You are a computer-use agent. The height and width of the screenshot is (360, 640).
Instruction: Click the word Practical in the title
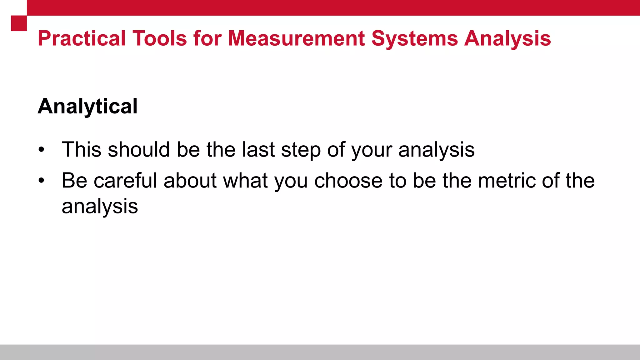(x=82, y=39)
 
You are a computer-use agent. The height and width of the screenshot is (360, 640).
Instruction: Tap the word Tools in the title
(x=160, y=39)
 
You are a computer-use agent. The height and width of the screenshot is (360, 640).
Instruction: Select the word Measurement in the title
(x=297, y=39)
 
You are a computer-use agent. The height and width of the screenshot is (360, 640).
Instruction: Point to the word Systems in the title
(x=415, y=39)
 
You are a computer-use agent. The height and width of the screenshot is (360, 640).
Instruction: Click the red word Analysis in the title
(x=507, y=39)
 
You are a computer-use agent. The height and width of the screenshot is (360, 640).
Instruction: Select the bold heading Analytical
(x=87, y=107)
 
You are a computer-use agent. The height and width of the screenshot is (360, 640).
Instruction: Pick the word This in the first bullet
(x=82, y=149)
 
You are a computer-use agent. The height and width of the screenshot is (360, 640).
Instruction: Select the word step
(x=301, y=150)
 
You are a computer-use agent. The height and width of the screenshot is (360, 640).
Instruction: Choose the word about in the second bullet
(x=190, y=181)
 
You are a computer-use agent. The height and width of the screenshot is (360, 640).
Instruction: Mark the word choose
(x=348, y=181)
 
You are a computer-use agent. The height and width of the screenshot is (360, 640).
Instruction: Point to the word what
(x=245, y=181)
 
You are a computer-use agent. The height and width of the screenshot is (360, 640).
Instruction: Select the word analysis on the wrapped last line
(x=100, y=207)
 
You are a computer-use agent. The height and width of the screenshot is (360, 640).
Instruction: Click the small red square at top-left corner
(x=19, y=23)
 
